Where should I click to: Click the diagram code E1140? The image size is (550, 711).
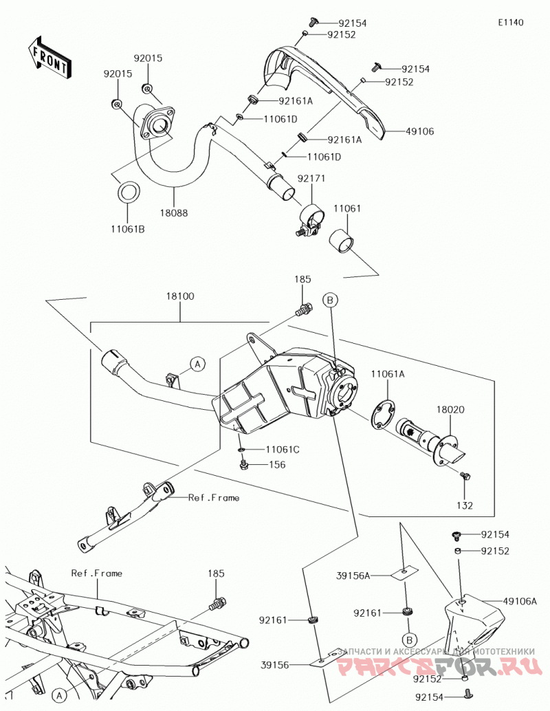point(511,22)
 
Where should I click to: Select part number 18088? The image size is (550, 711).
point(173,212)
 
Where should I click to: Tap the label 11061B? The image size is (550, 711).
point(127,230)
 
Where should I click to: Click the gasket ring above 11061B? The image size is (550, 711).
point(129,193)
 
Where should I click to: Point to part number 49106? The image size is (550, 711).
point(419,131)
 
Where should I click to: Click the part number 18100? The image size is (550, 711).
point(180,296)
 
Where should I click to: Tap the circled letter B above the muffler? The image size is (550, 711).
point(330,300)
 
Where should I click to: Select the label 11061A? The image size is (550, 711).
point(388,374)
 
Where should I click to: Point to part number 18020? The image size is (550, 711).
point(450,409)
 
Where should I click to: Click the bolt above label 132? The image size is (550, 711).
point(465,476)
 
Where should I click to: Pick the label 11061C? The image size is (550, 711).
point(283,450)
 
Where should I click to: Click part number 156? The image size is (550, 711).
point(278,465)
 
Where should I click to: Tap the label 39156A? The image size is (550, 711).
point(353,576)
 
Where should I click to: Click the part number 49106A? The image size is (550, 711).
point(520,602)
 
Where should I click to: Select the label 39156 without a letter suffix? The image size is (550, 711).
point(275,665)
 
